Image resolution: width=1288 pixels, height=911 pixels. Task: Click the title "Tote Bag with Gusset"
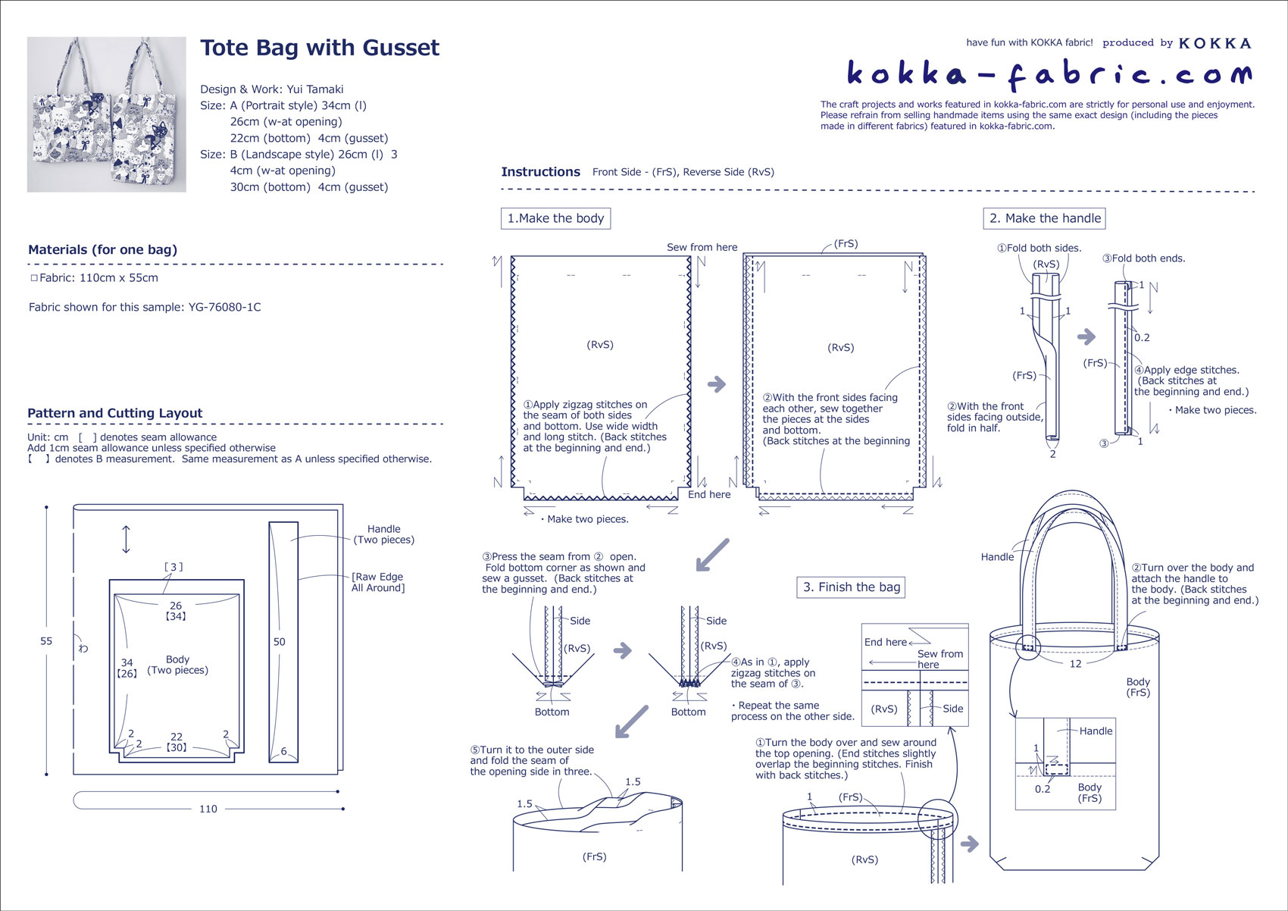(x=319, y=48)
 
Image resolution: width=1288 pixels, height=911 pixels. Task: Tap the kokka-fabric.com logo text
(x=1049, y=74)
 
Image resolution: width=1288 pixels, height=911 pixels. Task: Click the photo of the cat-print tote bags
(x=107, y=114)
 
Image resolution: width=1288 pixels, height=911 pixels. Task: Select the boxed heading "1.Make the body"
(x=555, y=218)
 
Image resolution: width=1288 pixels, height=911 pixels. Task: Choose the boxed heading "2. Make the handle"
(x=1045, y=218)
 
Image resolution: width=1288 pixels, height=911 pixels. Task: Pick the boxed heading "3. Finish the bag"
(x=852, y=587)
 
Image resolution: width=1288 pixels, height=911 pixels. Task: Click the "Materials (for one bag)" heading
(x=102, y=249)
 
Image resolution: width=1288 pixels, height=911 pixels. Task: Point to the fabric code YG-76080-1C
(x=224, y=307)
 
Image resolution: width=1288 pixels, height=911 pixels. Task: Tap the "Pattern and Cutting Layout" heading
(x=115, y=413)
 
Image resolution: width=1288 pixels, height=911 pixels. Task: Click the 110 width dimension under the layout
(x=208, y=809)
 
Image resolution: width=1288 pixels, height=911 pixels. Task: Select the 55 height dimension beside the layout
(x=46, y=641)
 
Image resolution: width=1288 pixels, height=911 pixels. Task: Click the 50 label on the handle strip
(x=280, y=642)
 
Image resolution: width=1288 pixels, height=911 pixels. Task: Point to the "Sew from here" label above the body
(x=702, y=247)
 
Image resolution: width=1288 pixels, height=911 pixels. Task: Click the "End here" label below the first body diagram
(x=709, y=494)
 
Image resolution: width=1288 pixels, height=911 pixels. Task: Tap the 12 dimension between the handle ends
(x=1075, y=664)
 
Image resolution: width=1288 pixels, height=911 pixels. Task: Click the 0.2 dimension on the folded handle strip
(x=1142, y=338)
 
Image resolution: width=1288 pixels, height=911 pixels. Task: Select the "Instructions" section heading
(x=540, y=172)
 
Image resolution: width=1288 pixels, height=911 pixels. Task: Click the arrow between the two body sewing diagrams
(x=717, y=384)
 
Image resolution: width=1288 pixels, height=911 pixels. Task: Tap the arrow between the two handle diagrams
(x=1086, y=337)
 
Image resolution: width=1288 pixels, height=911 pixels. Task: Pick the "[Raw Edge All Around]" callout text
(x=378, y=582)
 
